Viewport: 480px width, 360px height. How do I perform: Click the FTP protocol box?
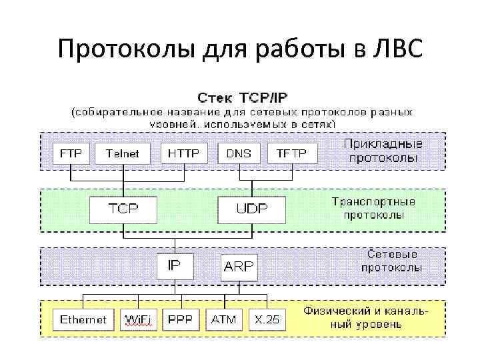point(71,153)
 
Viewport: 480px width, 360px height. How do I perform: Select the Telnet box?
point(123,153)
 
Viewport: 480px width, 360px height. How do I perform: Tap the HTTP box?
point(184,153)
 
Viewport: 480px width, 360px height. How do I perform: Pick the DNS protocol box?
point(239,153)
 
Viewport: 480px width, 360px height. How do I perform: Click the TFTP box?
point(291,153)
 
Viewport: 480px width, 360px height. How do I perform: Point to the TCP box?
point(124,209)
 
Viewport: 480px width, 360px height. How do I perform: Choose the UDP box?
point(252,209)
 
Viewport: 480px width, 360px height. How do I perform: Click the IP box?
point(173,265)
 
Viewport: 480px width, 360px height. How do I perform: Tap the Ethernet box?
point(83,319)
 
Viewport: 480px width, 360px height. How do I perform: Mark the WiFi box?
point(138,319)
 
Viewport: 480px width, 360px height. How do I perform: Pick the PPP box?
point(180,319)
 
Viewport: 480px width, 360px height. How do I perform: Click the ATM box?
point(223,319)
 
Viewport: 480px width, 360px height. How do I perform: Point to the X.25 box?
point(266,319)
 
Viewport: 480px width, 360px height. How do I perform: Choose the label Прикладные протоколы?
point(382,151)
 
